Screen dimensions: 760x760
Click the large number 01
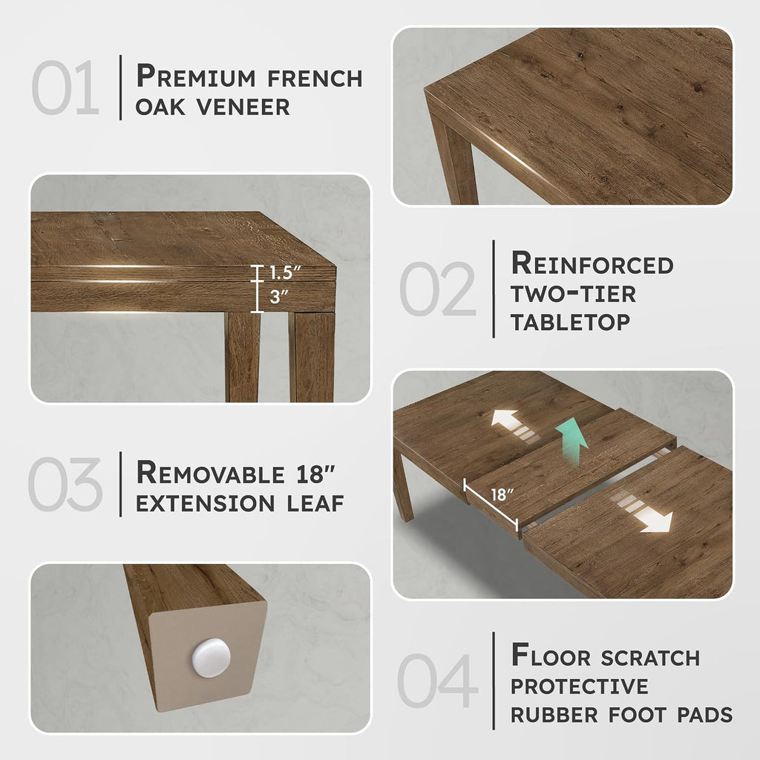[65, 88]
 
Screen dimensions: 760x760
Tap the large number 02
[438, 289]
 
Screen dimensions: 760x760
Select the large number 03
[65, 484]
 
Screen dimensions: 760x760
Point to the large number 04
[437, 680]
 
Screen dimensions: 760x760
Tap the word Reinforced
[592, 263]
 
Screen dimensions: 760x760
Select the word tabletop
[571, 322]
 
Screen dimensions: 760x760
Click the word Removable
[210, 473]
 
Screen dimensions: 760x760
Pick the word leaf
[315, 504]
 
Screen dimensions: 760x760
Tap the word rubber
[554, 715]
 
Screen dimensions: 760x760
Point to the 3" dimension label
[279, 296]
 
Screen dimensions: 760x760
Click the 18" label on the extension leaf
[502, 494]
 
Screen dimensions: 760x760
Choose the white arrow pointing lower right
[642, 513]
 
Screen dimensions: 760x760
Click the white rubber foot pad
[212, 658]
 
